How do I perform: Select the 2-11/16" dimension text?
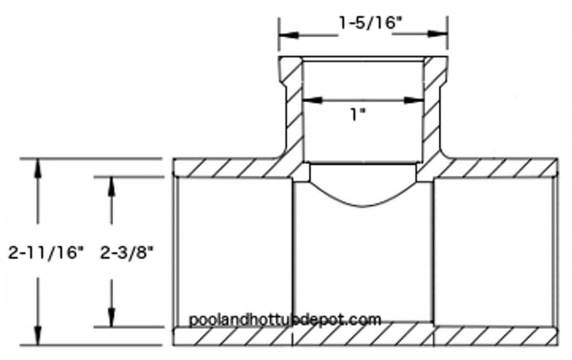coord(46,253)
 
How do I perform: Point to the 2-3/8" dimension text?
coord(127,253)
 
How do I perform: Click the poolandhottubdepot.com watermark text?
coord(285,319)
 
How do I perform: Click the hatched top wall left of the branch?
coord(229,168)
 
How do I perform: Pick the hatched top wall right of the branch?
coord(500,168)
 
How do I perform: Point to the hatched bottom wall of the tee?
coord(362,336)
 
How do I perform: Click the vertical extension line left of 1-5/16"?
coord(279,33)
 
